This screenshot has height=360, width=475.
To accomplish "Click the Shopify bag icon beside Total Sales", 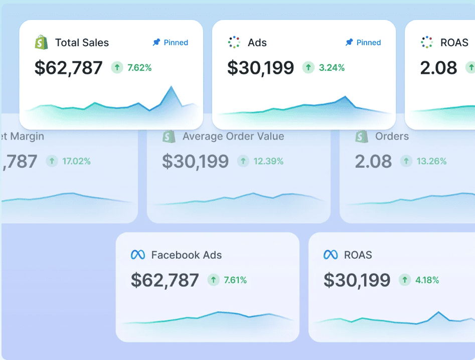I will coord(41,43).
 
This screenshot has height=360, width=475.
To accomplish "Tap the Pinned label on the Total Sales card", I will coord(171,43).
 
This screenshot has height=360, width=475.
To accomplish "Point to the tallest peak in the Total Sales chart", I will coord(172,87).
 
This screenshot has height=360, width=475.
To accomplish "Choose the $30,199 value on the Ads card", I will coord(260,68).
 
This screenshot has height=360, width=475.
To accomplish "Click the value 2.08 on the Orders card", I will coord(373,161).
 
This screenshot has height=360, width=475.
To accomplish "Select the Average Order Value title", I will coord(233,136).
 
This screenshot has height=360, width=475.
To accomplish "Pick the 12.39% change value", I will coord(268,161).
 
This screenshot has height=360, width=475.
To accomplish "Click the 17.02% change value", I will coord(76,161).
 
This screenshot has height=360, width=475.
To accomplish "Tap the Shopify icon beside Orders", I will coord(362,136).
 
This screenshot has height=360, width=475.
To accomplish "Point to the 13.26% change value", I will coord(430,161).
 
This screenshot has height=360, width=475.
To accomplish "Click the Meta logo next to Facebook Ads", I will coord(138,255).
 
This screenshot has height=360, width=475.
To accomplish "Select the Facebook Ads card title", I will coord(186,255).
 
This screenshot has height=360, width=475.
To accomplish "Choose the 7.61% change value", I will coord(235,280).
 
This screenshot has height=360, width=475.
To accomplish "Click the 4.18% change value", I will coord(427,280).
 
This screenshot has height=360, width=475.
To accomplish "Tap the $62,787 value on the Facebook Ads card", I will coord(165,280).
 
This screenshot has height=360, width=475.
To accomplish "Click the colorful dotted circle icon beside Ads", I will coord(234,43).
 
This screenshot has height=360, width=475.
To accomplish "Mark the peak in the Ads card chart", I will coord(345,97).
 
